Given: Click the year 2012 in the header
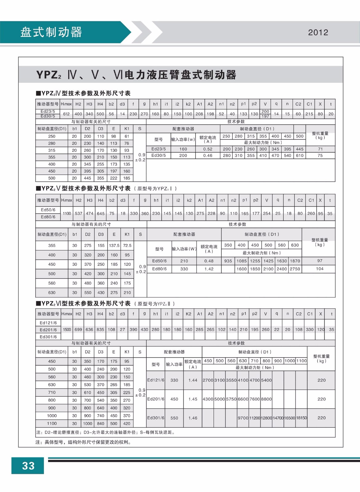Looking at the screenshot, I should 318,33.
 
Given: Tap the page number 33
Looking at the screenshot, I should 28,466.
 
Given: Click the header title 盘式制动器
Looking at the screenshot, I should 51,32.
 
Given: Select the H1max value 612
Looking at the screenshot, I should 66,114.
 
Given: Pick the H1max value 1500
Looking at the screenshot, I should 67,329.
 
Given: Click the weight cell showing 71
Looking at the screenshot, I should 320,149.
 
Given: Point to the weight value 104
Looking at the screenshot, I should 320,269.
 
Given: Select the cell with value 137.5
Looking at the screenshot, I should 114,245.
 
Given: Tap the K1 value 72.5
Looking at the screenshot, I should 127,245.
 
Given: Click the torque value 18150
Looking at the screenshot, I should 301,418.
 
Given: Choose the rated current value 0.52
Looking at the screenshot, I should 208,149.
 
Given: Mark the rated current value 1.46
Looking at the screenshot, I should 193,418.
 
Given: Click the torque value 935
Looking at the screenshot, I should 228,261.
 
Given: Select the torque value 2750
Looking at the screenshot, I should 295,269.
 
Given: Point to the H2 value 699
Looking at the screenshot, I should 78,329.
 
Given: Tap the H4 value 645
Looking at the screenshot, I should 101,213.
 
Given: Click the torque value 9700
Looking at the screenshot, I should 243,418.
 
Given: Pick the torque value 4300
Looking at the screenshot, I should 208,399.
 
